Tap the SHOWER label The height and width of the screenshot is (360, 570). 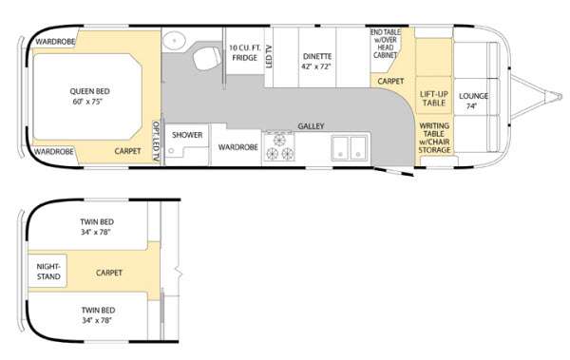coord(187,135)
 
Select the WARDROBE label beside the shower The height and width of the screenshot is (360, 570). coord(233,147)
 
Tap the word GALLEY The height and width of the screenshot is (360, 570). coord(311,125)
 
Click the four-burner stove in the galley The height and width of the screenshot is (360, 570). coord(282,147)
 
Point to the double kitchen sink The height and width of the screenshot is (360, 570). coord(351,148)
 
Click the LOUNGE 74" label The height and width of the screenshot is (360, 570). coord(473,101)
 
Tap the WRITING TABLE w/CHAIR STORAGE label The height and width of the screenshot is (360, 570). coord(434,138)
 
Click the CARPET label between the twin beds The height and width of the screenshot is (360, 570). coord(110,273)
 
